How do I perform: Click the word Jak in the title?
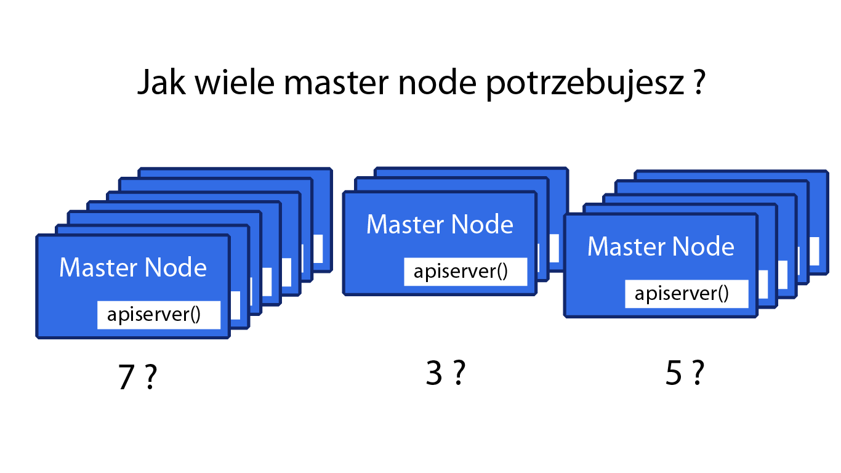162,81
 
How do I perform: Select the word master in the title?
336,83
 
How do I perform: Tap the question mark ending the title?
698,81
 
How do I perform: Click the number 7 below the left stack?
126,377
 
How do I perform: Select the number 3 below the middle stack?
434,373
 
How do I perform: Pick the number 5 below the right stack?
674,373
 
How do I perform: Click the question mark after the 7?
150,376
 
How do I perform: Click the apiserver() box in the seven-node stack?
159,315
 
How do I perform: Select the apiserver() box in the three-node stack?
465,272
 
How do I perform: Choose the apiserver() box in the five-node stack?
686,294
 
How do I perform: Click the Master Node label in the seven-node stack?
133,267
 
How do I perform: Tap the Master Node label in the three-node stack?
440,224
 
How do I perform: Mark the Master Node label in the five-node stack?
661,246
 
